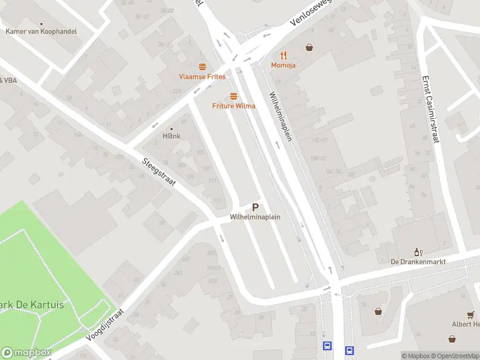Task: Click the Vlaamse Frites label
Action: (202, 77)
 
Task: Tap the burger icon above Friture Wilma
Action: (233, 97)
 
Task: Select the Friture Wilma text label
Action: (233, 106)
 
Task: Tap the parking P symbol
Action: (256, 208)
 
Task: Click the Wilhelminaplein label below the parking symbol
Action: (256, 217)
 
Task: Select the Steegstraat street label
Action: (159, 172)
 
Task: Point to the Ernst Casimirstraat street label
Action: (431, 109)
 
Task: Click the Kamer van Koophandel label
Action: (41, 31)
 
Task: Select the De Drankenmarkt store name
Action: (418, 262)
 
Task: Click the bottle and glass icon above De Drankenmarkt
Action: (418, 252)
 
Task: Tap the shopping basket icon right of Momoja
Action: (310, 47)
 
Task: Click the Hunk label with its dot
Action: (172, 136)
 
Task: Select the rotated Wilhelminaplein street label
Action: (280, 116)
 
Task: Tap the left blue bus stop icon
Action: (328, 346)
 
